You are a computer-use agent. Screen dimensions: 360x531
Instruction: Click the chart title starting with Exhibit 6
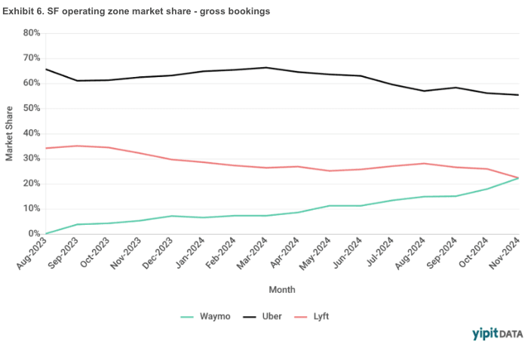[137, 11]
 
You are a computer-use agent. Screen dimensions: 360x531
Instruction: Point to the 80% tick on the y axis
[31, 33]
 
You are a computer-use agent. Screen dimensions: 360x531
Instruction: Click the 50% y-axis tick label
[31, 109]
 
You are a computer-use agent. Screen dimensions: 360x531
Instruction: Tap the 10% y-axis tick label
[31, 209]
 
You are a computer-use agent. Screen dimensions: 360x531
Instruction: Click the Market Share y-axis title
[10, 134]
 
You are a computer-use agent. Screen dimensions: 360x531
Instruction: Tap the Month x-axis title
[282, 289]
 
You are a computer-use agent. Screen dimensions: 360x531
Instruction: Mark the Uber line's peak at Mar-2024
[265, 68]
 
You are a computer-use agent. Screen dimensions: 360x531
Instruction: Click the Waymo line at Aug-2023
[46, 233]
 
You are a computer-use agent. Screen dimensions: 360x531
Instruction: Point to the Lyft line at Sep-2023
[77, 146]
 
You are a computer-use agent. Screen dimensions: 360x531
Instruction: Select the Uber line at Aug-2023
[46, 69]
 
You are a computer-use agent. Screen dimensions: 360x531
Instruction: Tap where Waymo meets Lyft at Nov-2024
[517, 178]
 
